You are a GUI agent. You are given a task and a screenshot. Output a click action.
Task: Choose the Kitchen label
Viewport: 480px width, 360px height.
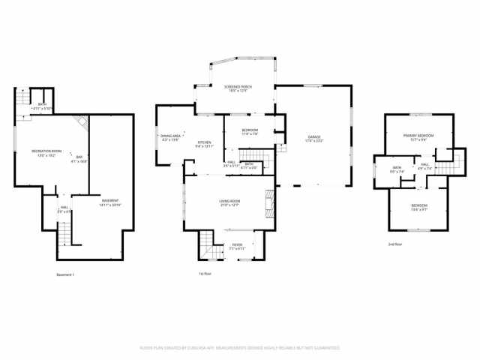tap(205, 143)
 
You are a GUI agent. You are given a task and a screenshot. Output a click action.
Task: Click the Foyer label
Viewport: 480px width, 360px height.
tap(237, 245)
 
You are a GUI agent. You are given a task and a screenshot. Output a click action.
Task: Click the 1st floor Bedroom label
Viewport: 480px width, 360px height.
tap(250, 132)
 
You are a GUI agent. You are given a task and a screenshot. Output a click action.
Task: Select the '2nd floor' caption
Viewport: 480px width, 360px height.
tap(395, 244)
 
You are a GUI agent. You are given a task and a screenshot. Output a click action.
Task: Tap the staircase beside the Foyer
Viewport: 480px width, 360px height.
tap(207, 244)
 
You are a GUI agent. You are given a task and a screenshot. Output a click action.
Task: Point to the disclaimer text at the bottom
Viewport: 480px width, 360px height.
tap(240, 348)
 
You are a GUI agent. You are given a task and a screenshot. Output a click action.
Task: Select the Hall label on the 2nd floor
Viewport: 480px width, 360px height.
tap(424, 166)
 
